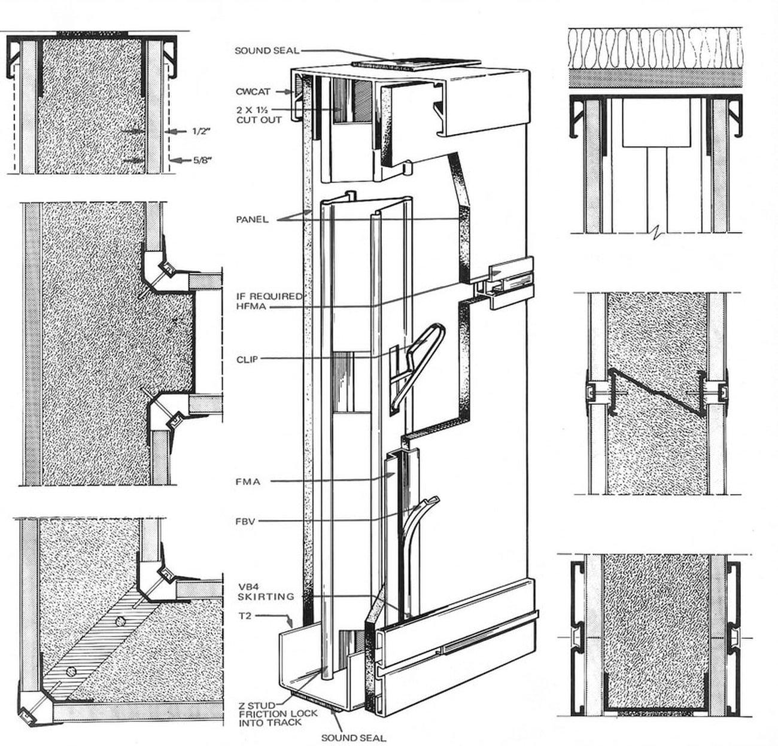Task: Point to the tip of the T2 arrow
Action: coord(292,627)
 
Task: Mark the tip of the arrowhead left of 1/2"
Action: coord(165,131)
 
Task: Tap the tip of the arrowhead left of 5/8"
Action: coord(169,161)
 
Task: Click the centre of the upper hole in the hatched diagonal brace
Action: coord(119,621)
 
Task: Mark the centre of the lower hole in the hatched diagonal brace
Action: coord(71,671)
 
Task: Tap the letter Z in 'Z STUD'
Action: coord(242,705)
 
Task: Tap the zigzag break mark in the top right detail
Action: coord(656,233)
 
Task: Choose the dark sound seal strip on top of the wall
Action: coord(416,63)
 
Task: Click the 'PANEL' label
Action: coord(253,220)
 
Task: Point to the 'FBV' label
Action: coord(245,522)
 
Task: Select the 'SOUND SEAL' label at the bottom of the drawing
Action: coord(354,738)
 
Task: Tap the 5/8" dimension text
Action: coord(203,160)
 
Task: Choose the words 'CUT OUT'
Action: coord(259,120)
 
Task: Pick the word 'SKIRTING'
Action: coord(266,596)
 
